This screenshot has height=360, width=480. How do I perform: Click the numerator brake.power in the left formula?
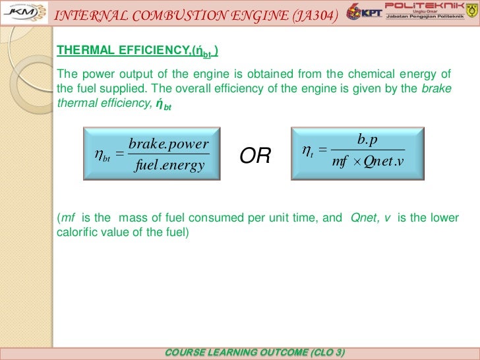coord(169,144)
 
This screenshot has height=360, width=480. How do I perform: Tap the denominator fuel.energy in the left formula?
coord(169,165)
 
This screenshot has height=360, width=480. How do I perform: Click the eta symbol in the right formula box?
coord(307,151)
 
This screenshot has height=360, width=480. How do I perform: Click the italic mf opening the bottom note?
coord(67,218)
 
